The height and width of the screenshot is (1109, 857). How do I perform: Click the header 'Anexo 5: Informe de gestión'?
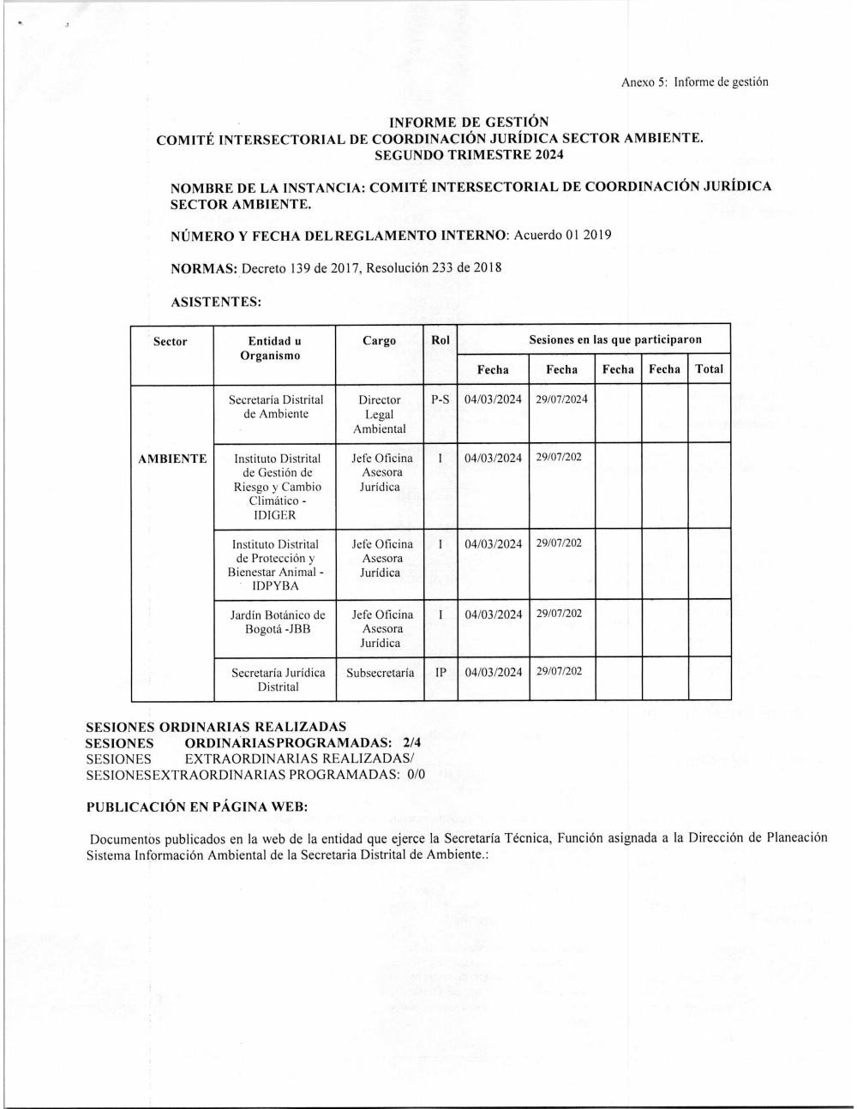coord(694,82)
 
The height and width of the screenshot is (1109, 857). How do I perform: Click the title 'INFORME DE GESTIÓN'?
coord(469,123)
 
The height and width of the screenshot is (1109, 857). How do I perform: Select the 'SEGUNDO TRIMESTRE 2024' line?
coord(469,155)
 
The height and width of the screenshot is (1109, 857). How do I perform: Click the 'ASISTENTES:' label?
coord(216,302)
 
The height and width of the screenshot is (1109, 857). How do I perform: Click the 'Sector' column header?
coord(170,341)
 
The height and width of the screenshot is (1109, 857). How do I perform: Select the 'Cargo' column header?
coord(379,341)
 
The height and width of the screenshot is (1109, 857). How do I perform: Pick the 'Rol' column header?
coord(440,340)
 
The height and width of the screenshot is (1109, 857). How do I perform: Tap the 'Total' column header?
coord(709,369)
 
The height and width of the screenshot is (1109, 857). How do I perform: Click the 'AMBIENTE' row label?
coord(172,459)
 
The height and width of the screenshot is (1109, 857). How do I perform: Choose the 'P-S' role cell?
coord(440,400)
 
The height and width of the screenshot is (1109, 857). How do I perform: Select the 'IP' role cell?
coord(440,673)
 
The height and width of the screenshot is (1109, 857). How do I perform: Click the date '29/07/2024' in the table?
coord(562,400)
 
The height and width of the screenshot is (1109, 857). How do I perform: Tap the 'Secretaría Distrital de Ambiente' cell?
coord(276,407)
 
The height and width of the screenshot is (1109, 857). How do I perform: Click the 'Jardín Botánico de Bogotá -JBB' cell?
coord(278,621)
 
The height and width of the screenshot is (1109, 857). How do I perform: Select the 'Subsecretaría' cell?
coord(380,673)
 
